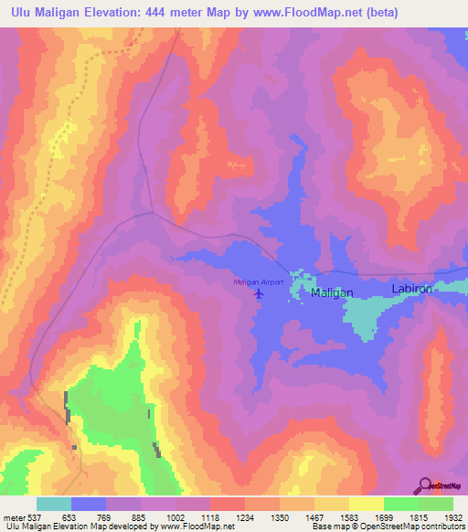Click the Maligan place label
332,293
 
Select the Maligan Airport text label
260,282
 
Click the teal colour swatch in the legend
53,504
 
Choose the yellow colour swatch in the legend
366,504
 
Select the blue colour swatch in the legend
89,504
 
